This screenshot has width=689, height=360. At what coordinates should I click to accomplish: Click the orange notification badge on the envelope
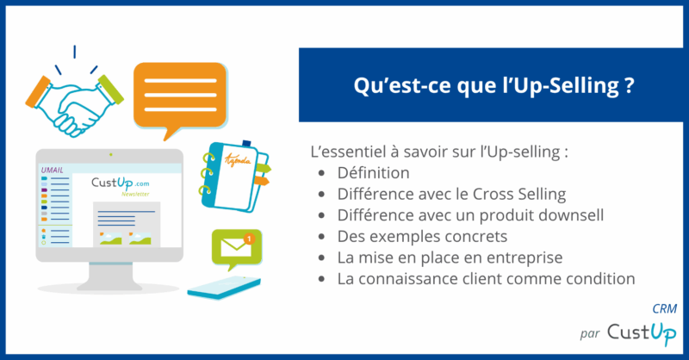click(249, 236)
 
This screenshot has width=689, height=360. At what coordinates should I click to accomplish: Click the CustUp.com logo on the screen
click(121, 183)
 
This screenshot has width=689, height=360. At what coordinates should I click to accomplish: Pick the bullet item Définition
click(373, 174)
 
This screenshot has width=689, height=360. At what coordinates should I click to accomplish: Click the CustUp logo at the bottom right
click(642, 331)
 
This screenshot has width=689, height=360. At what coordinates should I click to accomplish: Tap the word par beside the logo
click(593, 333)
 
